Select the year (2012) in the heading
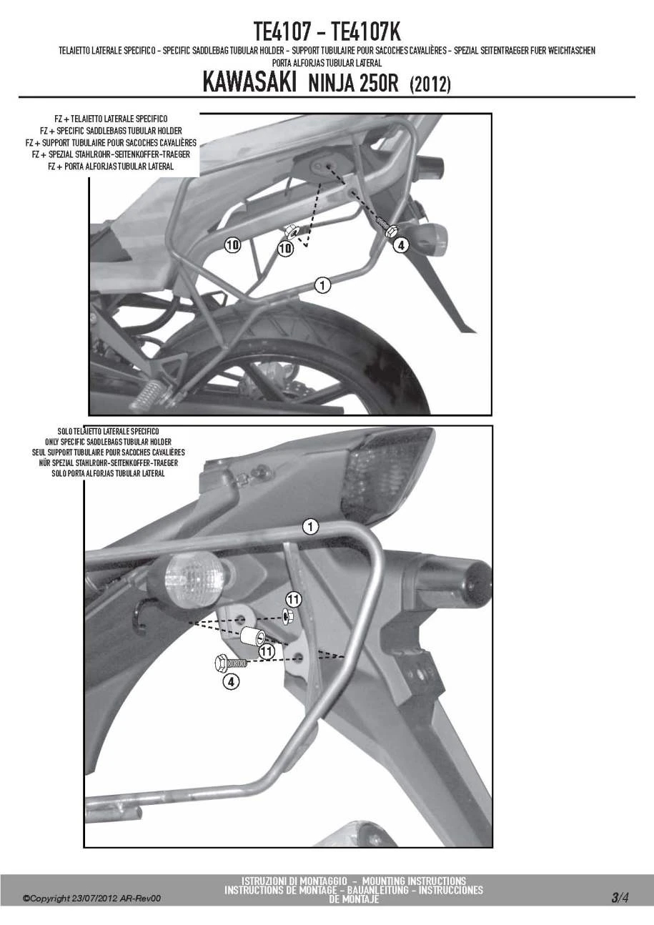[430, 84]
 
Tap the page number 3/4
[620, 897]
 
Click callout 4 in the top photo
[400, 245]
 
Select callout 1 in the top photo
[322, 285]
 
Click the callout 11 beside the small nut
[293, 598]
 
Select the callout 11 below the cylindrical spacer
[267, 651]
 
